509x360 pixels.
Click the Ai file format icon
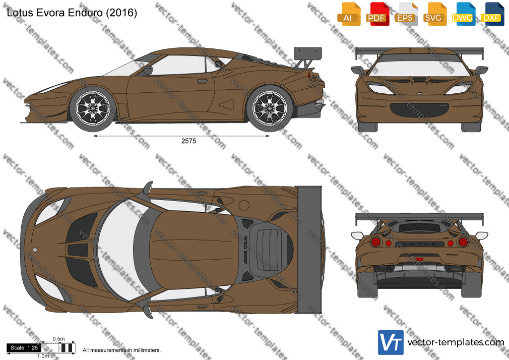(349, 14)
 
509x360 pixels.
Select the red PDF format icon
(377, 14)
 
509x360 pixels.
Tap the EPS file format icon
(406, 14)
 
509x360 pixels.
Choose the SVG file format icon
(434, 14)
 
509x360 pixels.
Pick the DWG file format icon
(463, 14)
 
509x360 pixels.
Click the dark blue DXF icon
(492, 14)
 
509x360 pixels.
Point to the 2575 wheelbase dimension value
(188, 141)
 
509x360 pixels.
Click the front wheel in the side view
(93, 108)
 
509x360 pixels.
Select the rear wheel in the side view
(270, 108)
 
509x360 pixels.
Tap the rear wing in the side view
(307, 55)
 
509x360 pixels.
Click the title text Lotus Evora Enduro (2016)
(72, 13)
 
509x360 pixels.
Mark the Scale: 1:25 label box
(24, 348)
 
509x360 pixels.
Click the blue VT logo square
(391, 342)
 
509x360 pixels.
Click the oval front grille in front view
(419, 109)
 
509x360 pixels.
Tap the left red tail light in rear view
(376, 242)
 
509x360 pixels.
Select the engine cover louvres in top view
(269, 249)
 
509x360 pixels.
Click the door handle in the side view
(202, 81)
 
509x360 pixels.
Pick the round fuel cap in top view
(244, 205)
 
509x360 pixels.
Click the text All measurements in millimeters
(121, 350)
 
